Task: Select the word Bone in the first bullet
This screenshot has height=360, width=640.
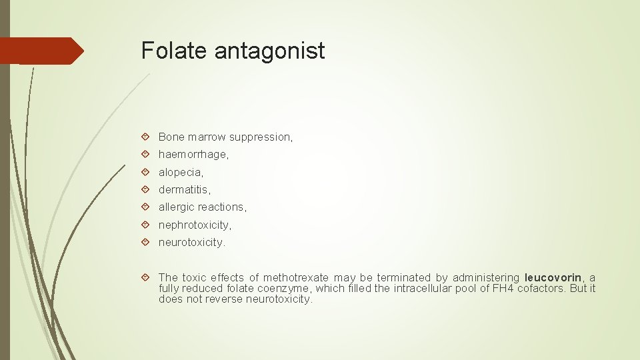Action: pyautogui.click(x=171, y=137)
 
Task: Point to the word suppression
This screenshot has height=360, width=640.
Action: pyautogui.click(x=260, y=137)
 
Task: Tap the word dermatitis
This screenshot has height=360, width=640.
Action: pyautogui.click(x=184, y=189)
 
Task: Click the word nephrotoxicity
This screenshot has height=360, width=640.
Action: pyautogui.click(x=195, y=225)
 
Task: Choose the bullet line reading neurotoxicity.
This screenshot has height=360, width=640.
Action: pyautogui.click(x=192, y=243)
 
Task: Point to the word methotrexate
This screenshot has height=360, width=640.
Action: pyautogui.click(x=296, y=277)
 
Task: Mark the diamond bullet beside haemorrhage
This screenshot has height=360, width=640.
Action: pyautogui.click(x=146, y=154)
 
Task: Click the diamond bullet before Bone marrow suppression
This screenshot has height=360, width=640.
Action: pyautogui.click(x=146, y=137)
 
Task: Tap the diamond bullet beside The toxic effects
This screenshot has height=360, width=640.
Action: pyautogui.click(x=146, y=277)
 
